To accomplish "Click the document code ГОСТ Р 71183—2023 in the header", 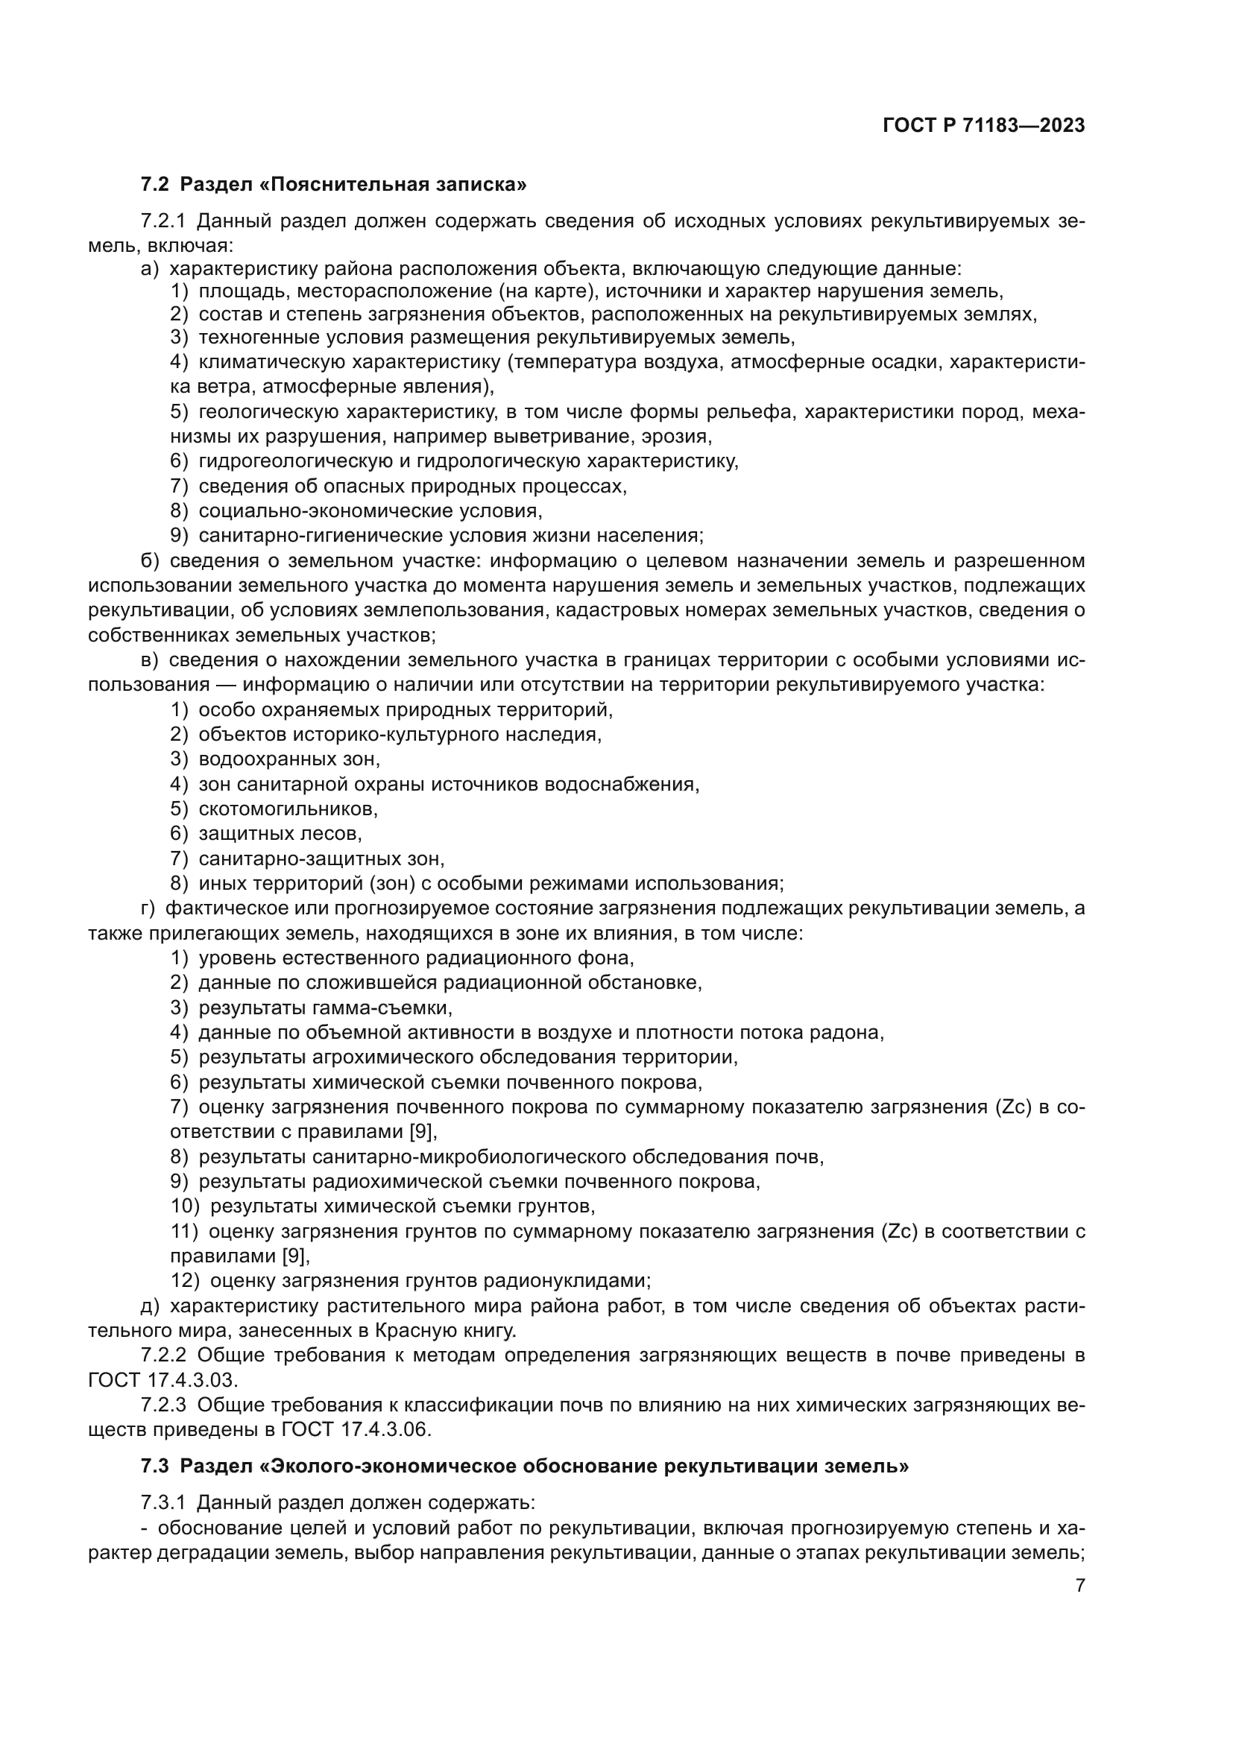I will point(983,126).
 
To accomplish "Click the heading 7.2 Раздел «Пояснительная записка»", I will point(334,185).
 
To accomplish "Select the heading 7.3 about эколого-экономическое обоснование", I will point(525,1466).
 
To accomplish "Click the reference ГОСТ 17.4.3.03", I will point(163,1379).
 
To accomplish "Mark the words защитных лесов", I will point(280,834).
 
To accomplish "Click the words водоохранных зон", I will point(288,759).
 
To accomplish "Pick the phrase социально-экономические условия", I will point(370,511).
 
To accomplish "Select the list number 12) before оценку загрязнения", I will point(186,1281).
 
